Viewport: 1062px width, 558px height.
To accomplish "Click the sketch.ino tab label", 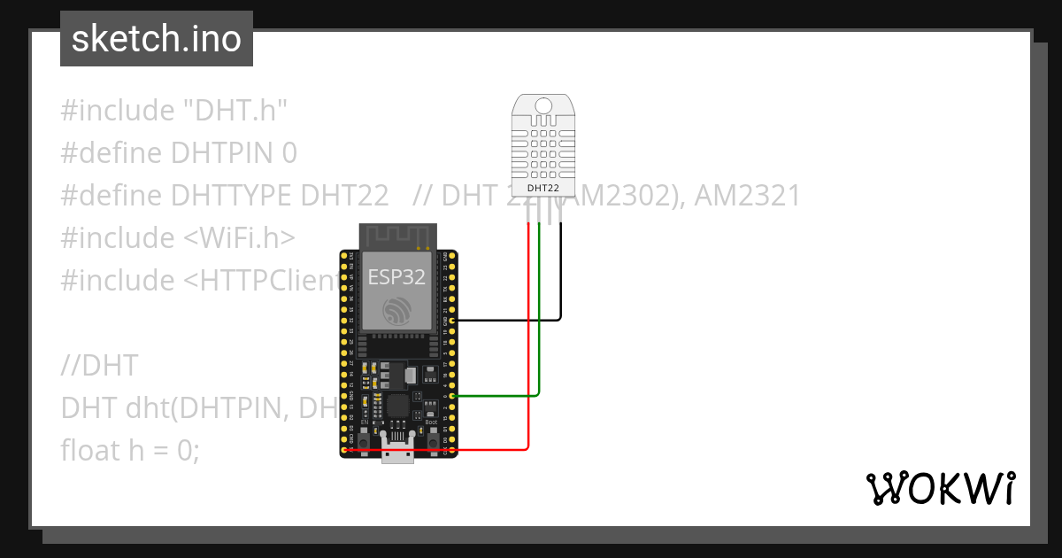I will coord(157,39).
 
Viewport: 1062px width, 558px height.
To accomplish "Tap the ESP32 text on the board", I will coord(397,276).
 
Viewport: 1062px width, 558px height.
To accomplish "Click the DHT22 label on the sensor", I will coord(543,188).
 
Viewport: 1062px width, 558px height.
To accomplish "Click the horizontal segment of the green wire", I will coord(496,396).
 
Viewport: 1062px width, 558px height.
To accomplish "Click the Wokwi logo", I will coord(939,488).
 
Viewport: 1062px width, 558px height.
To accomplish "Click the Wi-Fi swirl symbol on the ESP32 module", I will coord(397,310).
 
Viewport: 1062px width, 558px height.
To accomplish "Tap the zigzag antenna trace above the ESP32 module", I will coord(397,236).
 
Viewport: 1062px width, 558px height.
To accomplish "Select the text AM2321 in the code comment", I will coord(747,195).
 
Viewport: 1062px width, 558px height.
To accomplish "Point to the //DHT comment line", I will coord(100,365).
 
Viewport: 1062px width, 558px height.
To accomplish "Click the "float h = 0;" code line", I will coord(131,450).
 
